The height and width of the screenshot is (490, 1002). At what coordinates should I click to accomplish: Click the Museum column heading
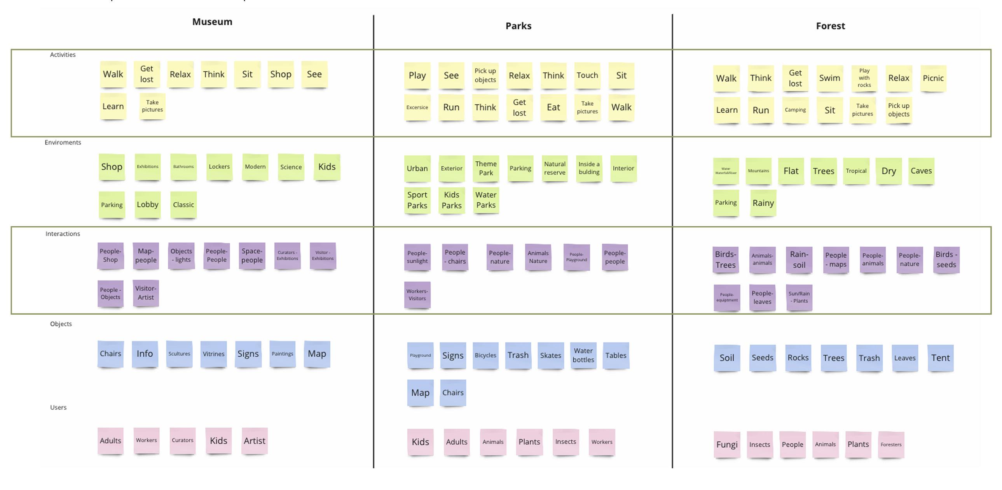coord(212,22)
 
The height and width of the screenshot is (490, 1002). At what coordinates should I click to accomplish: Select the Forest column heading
coord(830,26)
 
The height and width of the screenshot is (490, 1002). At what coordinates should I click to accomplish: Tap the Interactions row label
coord(63,234)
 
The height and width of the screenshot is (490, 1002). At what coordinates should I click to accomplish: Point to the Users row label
coord(58,407)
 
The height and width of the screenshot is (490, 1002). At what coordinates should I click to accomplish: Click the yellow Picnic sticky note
coord(933,78)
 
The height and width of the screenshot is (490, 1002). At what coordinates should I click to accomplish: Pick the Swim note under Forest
coord(829,78)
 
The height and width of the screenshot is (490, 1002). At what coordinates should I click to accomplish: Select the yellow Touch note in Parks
coord(587,75)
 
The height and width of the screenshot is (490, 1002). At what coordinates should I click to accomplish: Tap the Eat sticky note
coord(553,107)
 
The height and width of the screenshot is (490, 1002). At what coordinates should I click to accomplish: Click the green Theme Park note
coord(485,168)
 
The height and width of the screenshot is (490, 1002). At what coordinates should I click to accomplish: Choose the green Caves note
coord(921,171)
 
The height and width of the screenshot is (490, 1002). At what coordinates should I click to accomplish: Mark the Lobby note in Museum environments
coord(147,204)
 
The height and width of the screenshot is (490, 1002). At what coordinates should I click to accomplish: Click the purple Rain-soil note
coord(799,260)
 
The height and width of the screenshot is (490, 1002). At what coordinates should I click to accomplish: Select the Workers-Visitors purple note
coord(417,295)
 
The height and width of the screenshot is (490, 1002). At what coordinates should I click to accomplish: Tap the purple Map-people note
coord(146,256)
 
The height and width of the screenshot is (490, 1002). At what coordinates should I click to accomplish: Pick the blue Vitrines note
coord(213,354)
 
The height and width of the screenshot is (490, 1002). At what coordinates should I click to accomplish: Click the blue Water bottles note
coord(583,356)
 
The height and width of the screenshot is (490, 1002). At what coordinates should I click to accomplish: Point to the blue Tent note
coord(940,358)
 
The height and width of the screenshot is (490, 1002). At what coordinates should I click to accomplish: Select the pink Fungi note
coord(726,445)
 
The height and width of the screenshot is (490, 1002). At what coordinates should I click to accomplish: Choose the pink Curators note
coord(182,441)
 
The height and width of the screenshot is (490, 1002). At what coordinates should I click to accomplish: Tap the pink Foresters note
coord(891,445)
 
